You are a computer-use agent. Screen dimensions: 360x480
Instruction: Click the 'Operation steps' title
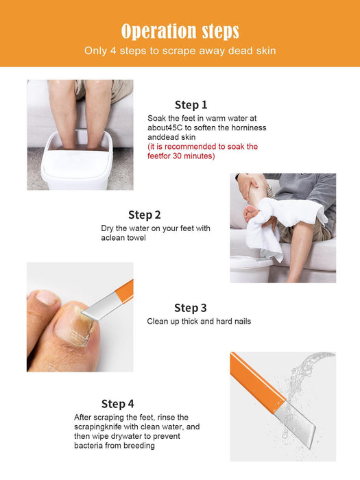click(x=180, y=32)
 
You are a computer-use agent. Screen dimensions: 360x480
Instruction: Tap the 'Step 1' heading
click(x=191, y=105)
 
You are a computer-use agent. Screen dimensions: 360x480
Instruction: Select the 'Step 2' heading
click(x=145, y=215)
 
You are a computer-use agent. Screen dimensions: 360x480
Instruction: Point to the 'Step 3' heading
click(x=191, y=308)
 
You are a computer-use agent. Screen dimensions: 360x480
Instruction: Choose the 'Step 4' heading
click(x=117, y=404)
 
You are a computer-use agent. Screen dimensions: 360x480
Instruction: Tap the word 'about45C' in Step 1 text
click(x=165, y=128)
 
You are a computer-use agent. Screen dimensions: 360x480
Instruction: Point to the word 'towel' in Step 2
click(x=136, y=238)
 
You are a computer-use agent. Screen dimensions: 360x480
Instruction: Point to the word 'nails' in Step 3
click(x=243, y=322)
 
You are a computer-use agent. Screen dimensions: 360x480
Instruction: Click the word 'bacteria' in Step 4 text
click(x=88, y=446)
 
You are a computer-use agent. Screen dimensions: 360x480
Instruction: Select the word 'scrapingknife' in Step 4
click(x=97, y=427)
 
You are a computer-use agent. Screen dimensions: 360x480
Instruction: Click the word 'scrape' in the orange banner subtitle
click(x=179, y=51)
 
